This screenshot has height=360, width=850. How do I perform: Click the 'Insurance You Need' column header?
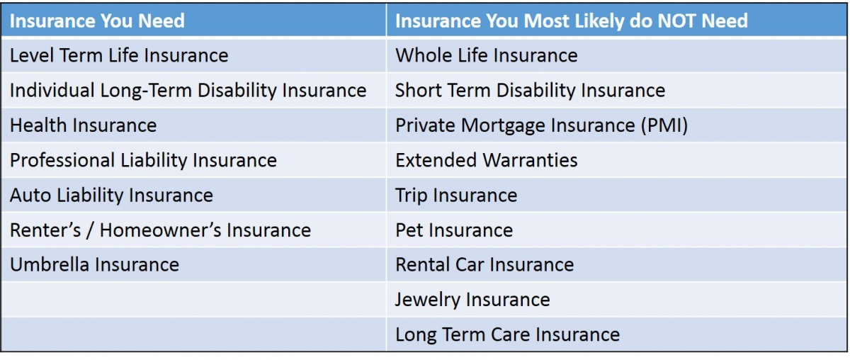pyautogui.click(x=97, y=21)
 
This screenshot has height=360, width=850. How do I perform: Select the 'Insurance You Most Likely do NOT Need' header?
pyautogui.click(x=572, y=21)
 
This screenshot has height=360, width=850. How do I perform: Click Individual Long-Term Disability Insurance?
pyautogui.click(x=188, y=91)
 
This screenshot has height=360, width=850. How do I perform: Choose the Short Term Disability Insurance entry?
pyautogui.click(x=530, y=91)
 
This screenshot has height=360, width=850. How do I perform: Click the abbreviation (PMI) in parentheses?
pyautogui.click(x=664, y=125)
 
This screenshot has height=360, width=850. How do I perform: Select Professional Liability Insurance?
pyautogui.click(x=143, y=161)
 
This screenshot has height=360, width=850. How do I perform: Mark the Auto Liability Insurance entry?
pyautogui.click(x=112, y=196)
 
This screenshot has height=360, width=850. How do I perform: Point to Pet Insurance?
pyautogui.click(x=454, y=230)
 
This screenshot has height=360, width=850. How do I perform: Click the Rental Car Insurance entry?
pyautogui.click(x=484, y=264)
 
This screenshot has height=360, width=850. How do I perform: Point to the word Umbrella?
pyautogui.click(x=50, y=264)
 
